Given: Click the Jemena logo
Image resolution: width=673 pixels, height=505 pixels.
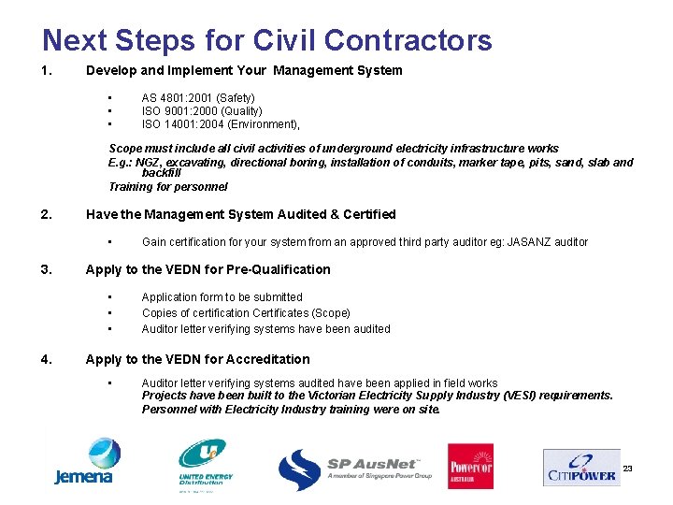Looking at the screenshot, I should (x=83, y=462).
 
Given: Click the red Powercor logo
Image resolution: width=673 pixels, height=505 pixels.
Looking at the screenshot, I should (x=470, y=466).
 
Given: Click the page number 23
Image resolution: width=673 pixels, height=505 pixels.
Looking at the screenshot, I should (x=627, y=468).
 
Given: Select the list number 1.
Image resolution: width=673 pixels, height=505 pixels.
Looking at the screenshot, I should (x=47, y=70).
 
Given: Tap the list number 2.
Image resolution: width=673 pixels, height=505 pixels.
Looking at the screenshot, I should (x=47, y=214).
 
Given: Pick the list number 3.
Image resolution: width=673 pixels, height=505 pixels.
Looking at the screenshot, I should (x=47, y=269).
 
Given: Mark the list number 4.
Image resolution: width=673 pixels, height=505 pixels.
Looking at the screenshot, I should (x=47, y=359).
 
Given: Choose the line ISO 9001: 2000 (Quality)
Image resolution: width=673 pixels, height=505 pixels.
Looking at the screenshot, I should (x=202, y=110).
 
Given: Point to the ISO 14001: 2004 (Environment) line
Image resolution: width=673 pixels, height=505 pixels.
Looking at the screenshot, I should (x=221, y=123).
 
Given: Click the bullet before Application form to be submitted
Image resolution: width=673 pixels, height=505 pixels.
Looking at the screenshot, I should (x=110, y=297).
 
